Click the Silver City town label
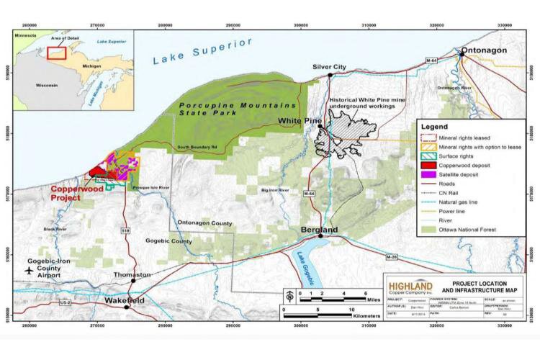coord(330,66)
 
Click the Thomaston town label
coord(132,275)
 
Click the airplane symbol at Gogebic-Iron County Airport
coord(28,271)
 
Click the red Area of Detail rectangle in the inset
coord(57,52)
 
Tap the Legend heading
coord(432,126)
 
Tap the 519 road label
coord(125,230)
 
